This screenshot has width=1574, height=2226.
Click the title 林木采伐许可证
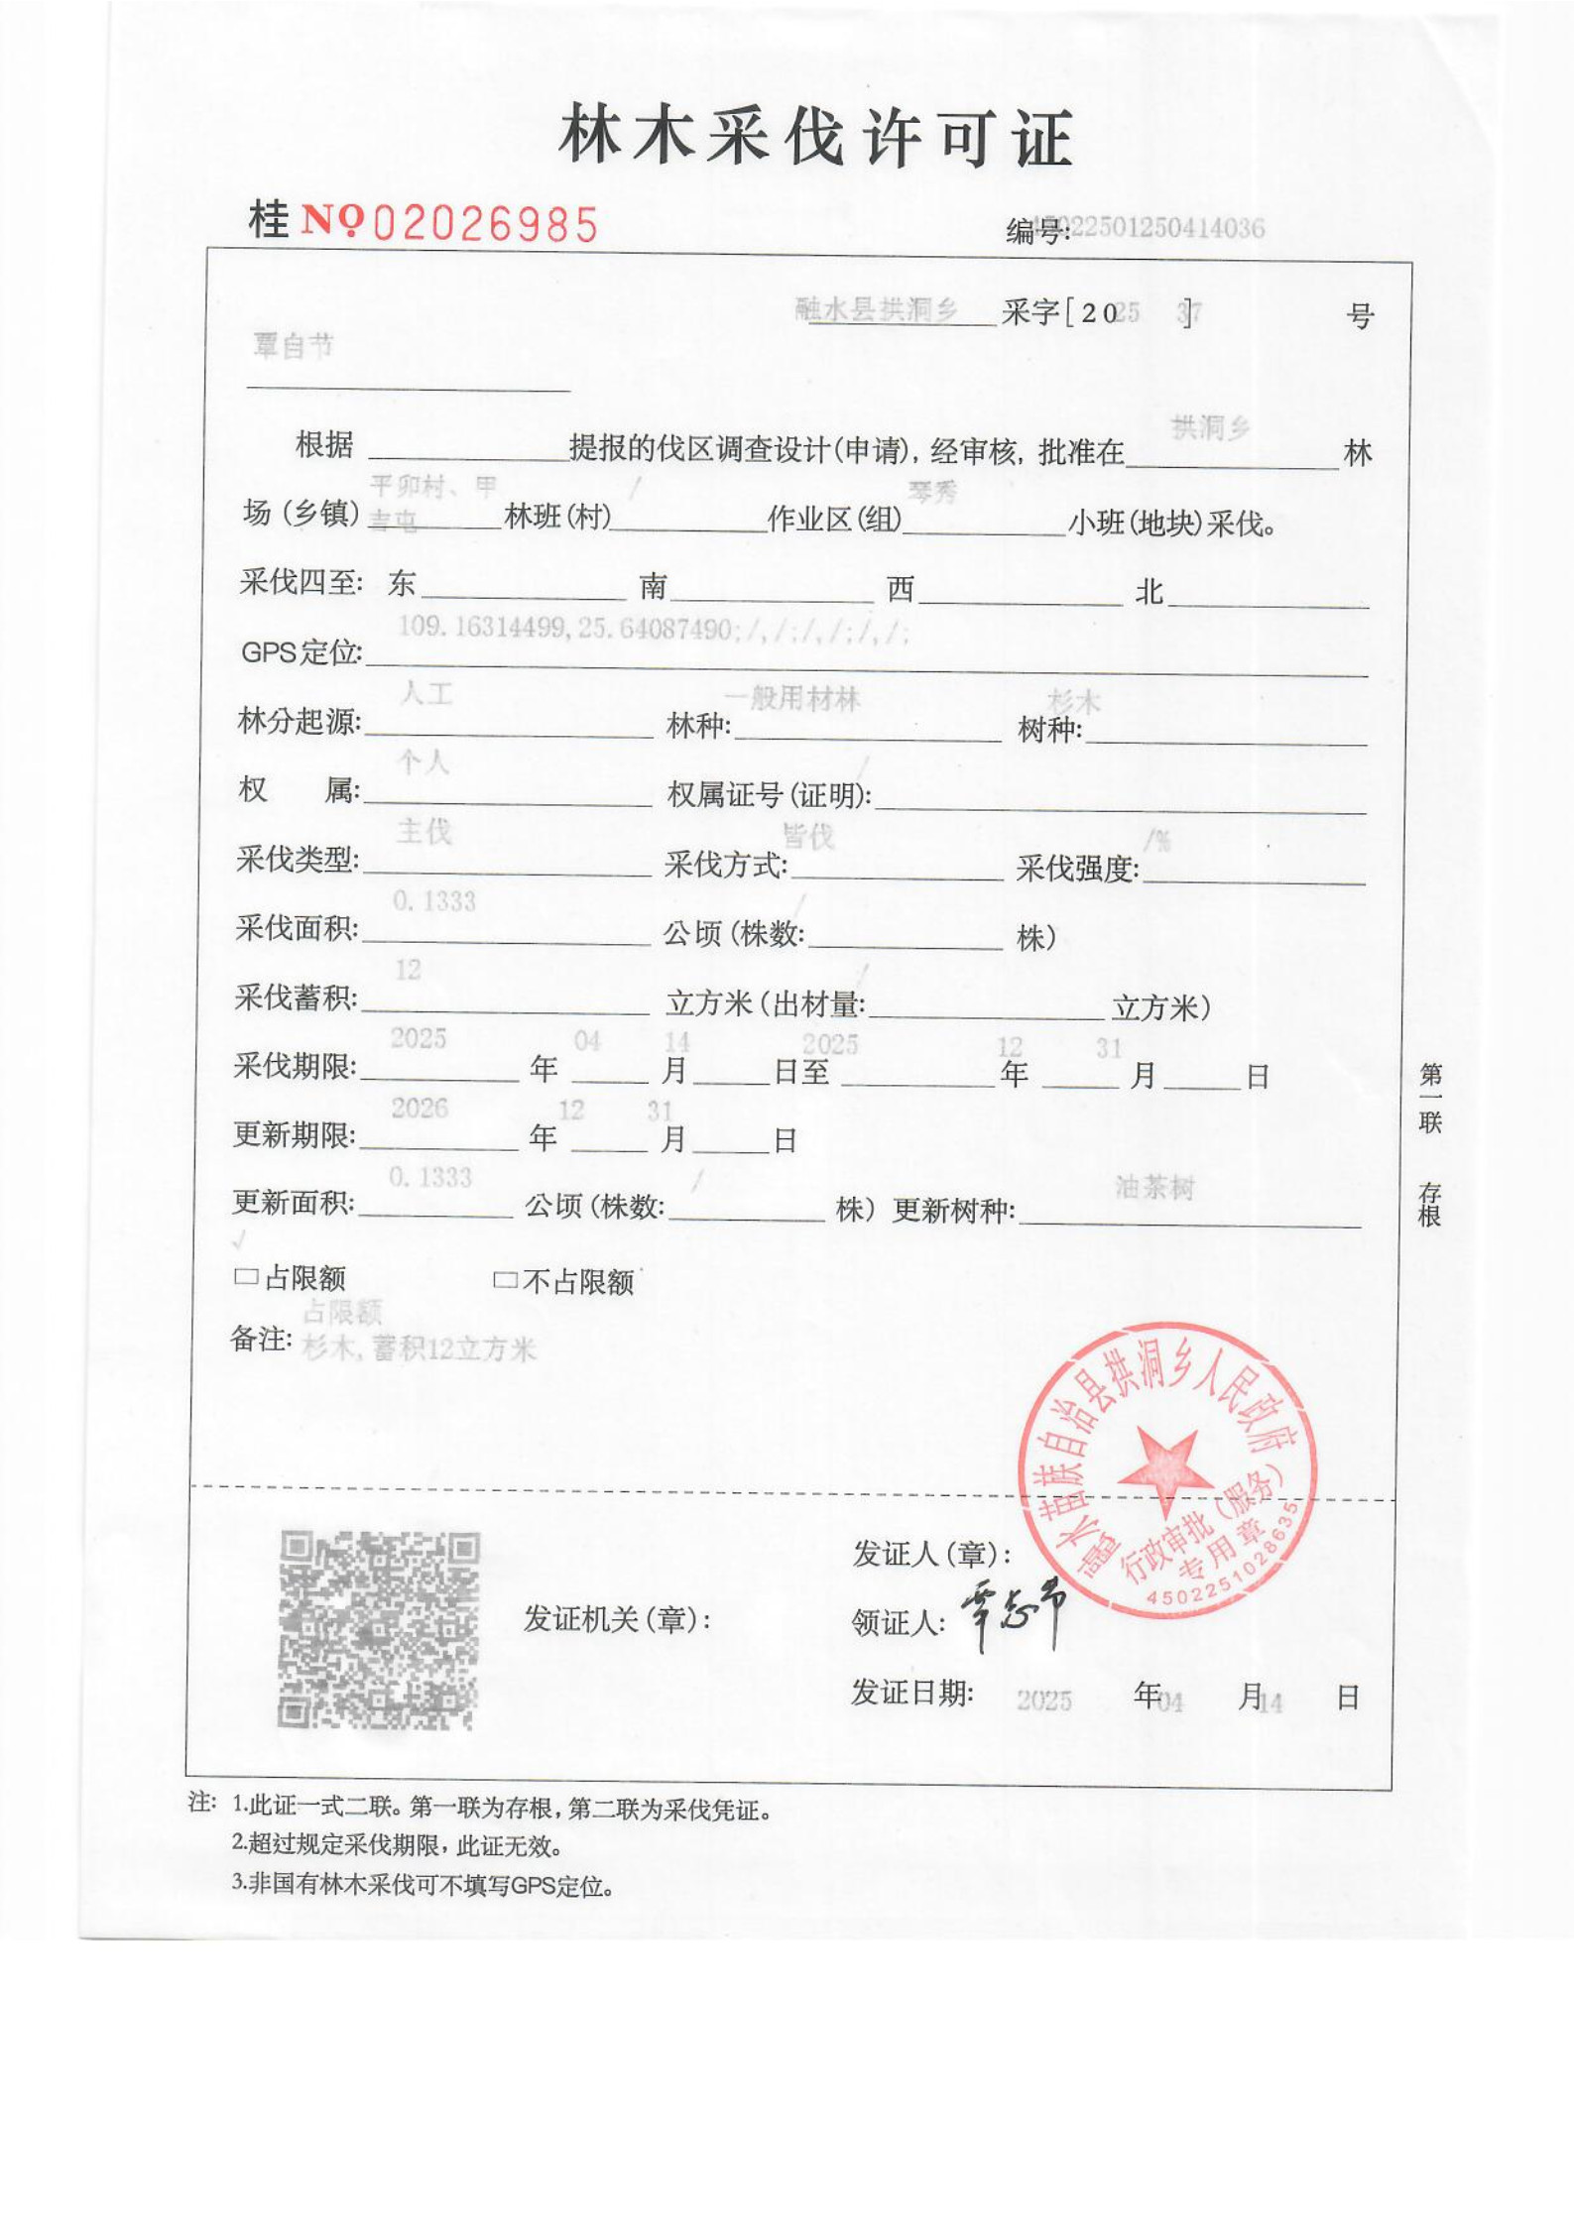[815, 138]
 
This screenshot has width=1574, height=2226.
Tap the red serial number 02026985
[485, 225]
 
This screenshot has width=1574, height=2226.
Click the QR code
[378, 1629]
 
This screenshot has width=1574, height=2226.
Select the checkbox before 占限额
[245, 1277]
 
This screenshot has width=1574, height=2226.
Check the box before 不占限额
[505, 1281]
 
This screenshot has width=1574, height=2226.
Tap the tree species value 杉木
[1074, 702]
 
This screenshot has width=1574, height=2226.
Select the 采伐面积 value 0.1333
[433, 901]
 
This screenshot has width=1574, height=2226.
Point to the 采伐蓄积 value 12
[408, 970]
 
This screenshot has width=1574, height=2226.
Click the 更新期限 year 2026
[420, 1108]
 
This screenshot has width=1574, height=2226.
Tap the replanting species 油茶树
[1154, 1187]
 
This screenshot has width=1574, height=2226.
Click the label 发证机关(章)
[617, 1619]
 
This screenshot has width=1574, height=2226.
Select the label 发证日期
[911, 1694]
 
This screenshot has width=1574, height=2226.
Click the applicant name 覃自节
[294, 346]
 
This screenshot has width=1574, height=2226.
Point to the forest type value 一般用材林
[791, 698]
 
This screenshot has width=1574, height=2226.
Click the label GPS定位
[301, 652]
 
